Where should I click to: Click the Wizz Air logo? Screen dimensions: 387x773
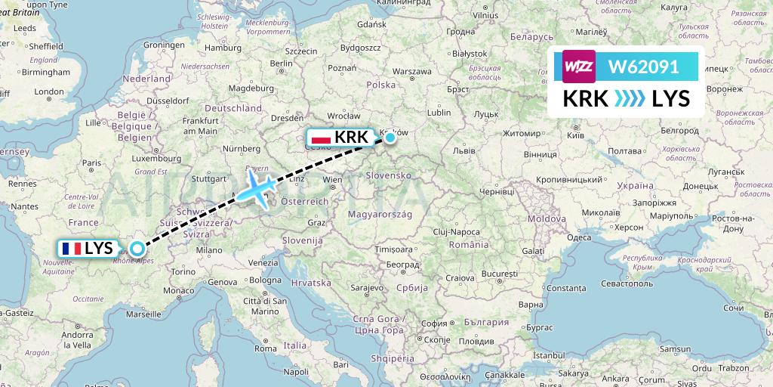point(579,67)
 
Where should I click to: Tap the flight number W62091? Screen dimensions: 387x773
point(643,67)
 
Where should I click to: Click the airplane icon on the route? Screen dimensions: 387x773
point(258,189)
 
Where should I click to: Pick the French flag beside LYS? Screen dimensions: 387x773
point(72,248)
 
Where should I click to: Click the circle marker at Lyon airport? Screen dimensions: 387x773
point(137,248)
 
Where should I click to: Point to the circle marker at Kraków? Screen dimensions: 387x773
point(390,137)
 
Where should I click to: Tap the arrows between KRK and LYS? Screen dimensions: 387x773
point(629,99)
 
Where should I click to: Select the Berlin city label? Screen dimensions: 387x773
point(281,63)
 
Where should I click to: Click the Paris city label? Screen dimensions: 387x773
point(91,163)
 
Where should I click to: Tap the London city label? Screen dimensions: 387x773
point(49,92)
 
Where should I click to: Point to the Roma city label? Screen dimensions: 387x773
point(265,348)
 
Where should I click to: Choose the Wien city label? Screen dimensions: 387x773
point(332,180)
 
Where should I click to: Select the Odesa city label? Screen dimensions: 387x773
point(579,237)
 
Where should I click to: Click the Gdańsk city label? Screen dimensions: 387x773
point(372,25)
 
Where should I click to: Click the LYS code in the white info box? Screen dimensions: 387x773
point(670,99)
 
